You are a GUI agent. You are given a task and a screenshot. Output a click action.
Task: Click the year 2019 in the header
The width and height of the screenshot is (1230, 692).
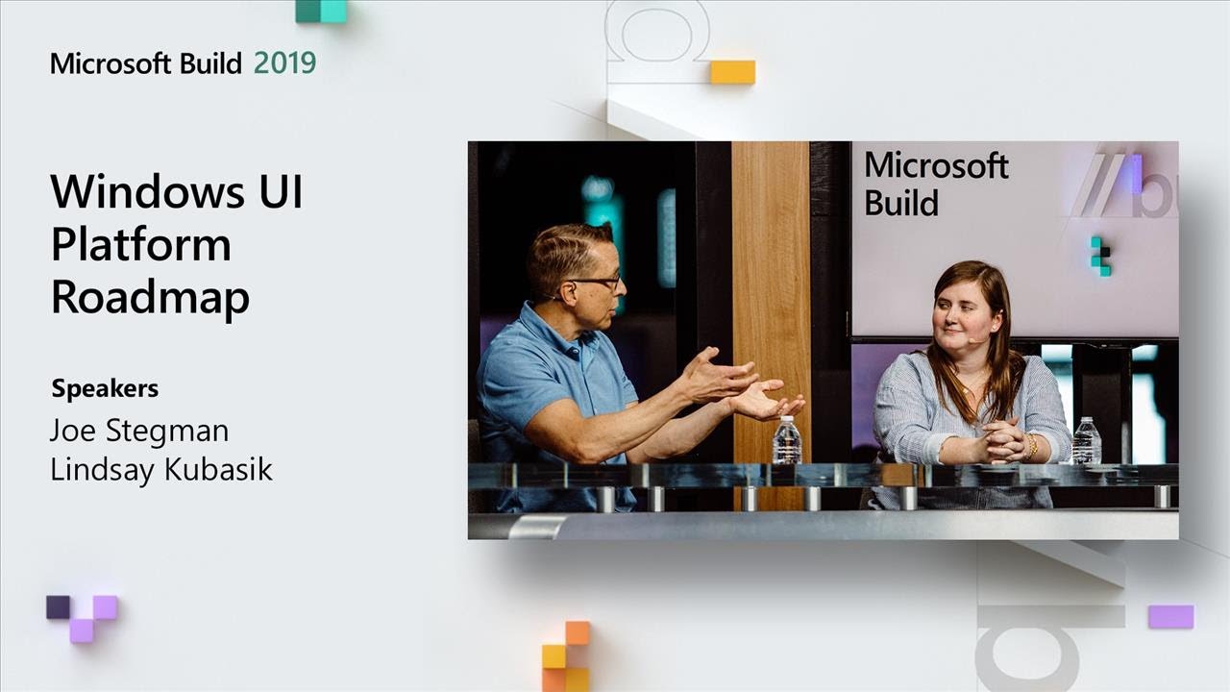click(284, 63)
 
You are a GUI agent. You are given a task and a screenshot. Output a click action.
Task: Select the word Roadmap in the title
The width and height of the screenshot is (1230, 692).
click(150, 297)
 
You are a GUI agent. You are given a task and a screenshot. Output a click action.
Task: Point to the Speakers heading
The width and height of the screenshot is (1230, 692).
click(105, 389)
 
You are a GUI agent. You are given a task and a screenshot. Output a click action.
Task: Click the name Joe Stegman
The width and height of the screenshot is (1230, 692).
click(139, 430)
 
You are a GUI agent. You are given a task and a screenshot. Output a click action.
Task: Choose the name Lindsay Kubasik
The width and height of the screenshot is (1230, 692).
click(161, 470)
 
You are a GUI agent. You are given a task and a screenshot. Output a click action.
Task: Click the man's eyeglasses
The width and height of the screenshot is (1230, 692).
click(597, 283)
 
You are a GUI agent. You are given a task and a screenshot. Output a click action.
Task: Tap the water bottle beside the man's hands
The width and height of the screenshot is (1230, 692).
click(786, 441)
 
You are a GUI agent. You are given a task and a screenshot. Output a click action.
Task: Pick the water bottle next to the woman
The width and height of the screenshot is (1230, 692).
click(1087, 441)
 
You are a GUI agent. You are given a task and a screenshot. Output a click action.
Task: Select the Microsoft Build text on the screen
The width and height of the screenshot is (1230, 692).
click(934, 184)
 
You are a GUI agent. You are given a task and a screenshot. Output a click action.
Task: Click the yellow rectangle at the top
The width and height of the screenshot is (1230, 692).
click(732, 72)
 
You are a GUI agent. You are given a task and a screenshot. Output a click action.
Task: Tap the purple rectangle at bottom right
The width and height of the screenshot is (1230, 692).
click(1170, 616)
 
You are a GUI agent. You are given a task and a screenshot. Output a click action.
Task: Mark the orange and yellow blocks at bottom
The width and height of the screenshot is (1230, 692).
click(566, 656)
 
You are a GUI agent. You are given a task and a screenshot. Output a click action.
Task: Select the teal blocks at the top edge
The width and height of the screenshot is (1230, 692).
click(321, 11)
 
